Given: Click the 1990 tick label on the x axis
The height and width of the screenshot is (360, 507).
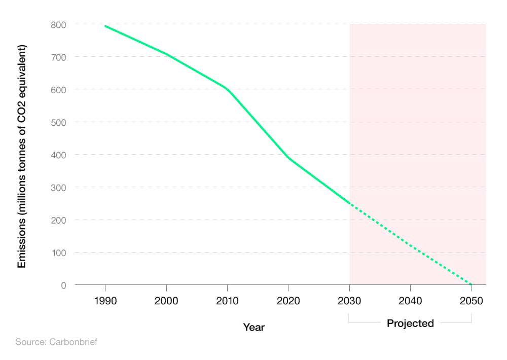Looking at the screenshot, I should (x=105, y=301).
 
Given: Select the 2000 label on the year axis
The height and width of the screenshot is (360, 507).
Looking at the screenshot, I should (x=166, y=301).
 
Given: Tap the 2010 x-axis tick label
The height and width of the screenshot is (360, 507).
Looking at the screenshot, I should (x=227, y=301).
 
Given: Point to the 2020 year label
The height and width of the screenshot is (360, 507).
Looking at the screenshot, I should (x=288, y=301).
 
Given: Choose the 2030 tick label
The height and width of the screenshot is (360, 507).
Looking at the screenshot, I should (x=349, y=301).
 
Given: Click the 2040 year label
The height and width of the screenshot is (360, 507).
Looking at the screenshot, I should (x=410, y=301).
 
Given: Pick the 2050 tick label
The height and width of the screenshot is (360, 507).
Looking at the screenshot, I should (x=472, y=301).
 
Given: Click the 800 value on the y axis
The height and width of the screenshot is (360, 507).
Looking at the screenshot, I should (x=59, y=24).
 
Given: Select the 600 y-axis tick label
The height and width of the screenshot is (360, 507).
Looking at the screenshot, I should (x=59, y=89).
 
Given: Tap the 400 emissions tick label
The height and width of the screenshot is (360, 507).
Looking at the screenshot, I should (x=59, y=155).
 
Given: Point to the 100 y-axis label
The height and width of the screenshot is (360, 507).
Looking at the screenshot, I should (x=59, y=253).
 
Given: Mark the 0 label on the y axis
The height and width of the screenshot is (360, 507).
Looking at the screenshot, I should (x=63, y=285).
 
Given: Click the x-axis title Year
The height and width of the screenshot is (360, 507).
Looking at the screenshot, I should (x=253, y=327).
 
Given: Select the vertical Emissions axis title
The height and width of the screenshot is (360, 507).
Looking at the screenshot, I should (x=22, y=156).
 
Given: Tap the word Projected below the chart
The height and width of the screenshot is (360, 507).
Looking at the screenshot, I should (x=410, y=323).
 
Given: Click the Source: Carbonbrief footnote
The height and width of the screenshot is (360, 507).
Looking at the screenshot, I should (x=56, y=342).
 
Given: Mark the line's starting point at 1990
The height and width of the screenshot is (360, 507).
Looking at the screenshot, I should (x=105, y=26).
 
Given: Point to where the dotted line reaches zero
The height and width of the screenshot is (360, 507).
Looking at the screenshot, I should (x=472, y=284).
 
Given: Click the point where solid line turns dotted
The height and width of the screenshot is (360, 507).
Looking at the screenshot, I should (x=349, y=203).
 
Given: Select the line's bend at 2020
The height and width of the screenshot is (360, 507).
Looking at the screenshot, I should (x=288, y=158).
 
